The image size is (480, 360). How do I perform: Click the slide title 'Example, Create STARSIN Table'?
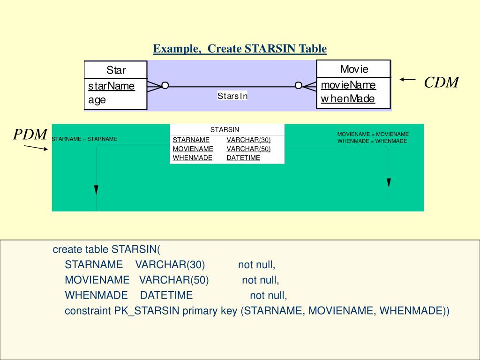tap(240, 49)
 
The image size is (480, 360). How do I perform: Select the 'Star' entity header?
tap(116, 70)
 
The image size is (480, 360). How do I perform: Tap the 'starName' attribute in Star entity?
tap(112, 86)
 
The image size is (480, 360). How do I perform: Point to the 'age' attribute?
tap(97, 99)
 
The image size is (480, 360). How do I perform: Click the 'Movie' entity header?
tap(354, 69)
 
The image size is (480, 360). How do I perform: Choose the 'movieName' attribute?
tap(348, 85)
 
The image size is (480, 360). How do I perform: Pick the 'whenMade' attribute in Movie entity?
tap(348, 98)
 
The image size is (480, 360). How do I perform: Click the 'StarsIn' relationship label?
tap(232, 96)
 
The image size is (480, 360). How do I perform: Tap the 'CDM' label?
tap(441, 82)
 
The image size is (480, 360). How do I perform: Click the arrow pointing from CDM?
tap(408, 80)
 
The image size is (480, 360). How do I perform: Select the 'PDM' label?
tap(30, 135)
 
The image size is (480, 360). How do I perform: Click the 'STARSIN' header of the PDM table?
tap(225, 129)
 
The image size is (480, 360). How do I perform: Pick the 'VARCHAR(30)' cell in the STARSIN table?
tap(248, 140)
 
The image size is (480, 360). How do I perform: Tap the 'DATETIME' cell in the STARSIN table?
tap(243, 158)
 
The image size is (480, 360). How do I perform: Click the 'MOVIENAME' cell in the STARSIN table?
tap(193, 149)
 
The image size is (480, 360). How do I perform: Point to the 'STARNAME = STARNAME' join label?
tap(84, 139)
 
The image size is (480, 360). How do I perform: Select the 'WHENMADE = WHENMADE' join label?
tap(372, 141)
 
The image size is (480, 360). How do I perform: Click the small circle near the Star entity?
tap(165, 85)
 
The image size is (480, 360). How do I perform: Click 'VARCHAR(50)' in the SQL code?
tap(174, 280)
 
